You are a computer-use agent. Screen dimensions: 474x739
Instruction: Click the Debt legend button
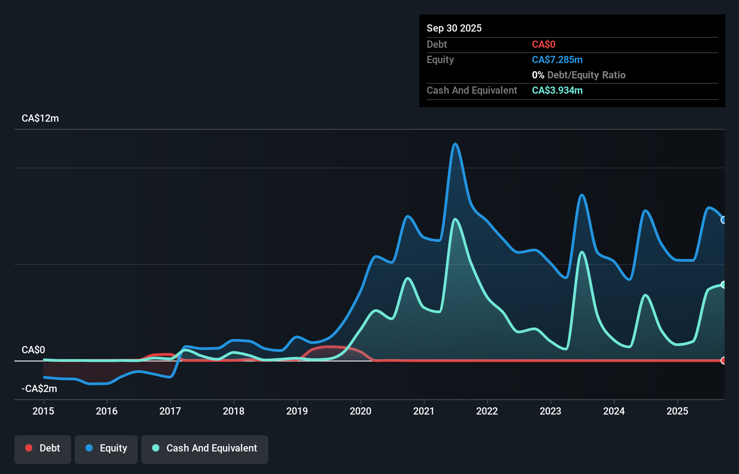coord(43,448)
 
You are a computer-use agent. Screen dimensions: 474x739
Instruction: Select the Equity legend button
coord(106,448)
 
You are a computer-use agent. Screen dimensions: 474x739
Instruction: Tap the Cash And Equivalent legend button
coord(205,448)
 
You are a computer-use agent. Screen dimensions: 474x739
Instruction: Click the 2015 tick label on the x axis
coord(43,411)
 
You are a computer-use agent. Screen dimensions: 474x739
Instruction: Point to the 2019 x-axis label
coord(297,411)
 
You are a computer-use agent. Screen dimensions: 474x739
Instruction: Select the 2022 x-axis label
coord(487,411)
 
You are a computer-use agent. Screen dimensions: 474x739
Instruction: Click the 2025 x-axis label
coord(677,411)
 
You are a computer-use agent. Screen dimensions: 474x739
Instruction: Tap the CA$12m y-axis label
coord(40,118)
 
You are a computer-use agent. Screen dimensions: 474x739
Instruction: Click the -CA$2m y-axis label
coord(39,388)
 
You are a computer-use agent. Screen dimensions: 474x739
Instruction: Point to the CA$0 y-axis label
coord(33,350)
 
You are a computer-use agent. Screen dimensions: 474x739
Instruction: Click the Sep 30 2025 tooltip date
coord(454,28)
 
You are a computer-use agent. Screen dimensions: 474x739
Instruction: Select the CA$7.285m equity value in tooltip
coord(557,60)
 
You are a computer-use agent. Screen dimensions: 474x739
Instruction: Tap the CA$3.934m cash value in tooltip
coord(557,91)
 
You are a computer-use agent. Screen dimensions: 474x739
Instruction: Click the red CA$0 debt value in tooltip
coord(543,45)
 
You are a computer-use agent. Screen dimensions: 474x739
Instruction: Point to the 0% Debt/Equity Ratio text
coord(578,75)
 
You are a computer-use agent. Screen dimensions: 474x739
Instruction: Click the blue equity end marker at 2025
coord(723,220)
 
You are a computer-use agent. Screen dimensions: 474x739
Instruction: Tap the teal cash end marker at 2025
coord(723,284)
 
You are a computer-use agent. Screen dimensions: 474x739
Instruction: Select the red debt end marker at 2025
coord(723,360)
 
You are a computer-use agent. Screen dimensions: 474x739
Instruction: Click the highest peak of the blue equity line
coord(455,144)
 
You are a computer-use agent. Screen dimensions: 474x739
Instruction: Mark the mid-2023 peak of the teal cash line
coord(582,252)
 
